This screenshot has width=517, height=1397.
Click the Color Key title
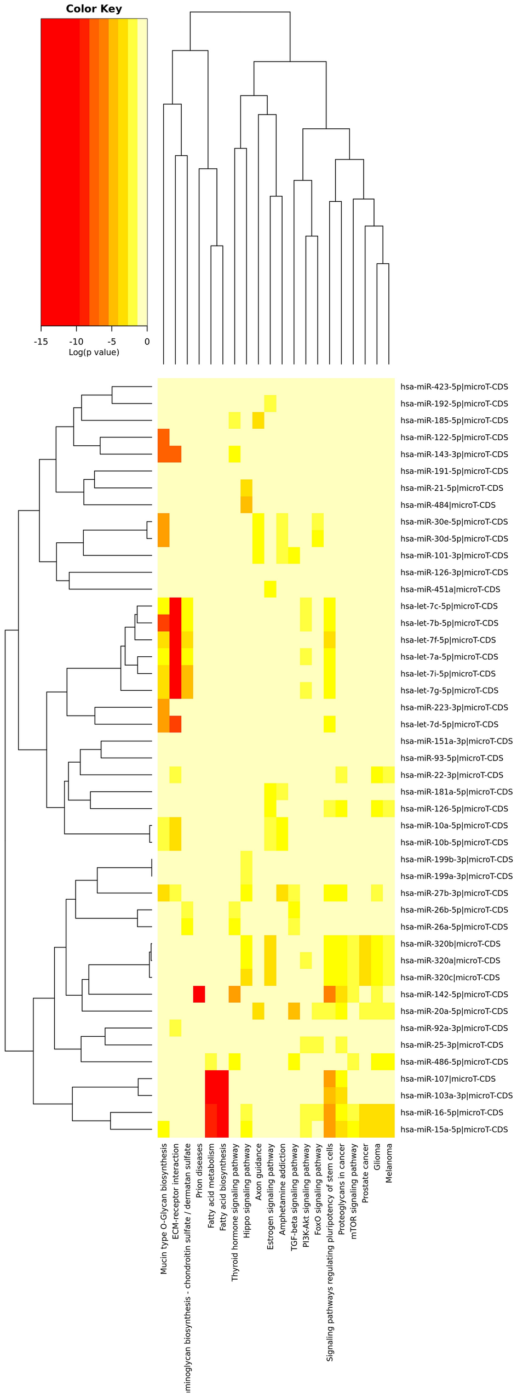point(94,9)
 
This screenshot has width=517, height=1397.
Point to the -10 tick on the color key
point(76,342)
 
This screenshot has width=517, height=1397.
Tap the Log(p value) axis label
point(94,352)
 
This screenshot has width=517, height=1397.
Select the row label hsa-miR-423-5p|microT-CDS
point(454,387)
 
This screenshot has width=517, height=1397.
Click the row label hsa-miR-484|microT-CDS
point(447,505)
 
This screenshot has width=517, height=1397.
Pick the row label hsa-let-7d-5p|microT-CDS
point(449,724)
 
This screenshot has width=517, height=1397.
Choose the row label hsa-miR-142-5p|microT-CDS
point(454,994)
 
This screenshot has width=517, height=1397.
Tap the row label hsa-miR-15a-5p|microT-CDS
point(454,1129)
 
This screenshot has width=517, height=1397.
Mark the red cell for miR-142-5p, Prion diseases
point(199,994)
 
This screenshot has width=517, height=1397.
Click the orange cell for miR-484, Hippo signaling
point(246,505)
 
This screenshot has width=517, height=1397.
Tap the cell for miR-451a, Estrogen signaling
point(270,589)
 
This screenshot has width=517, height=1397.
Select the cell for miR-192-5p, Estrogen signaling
point(270,404)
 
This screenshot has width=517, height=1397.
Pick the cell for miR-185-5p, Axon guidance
point(258,421)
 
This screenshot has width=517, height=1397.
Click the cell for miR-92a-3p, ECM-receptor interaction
point(175,1028)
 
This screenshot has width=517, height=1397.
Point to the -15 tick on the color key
point(41,342)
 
